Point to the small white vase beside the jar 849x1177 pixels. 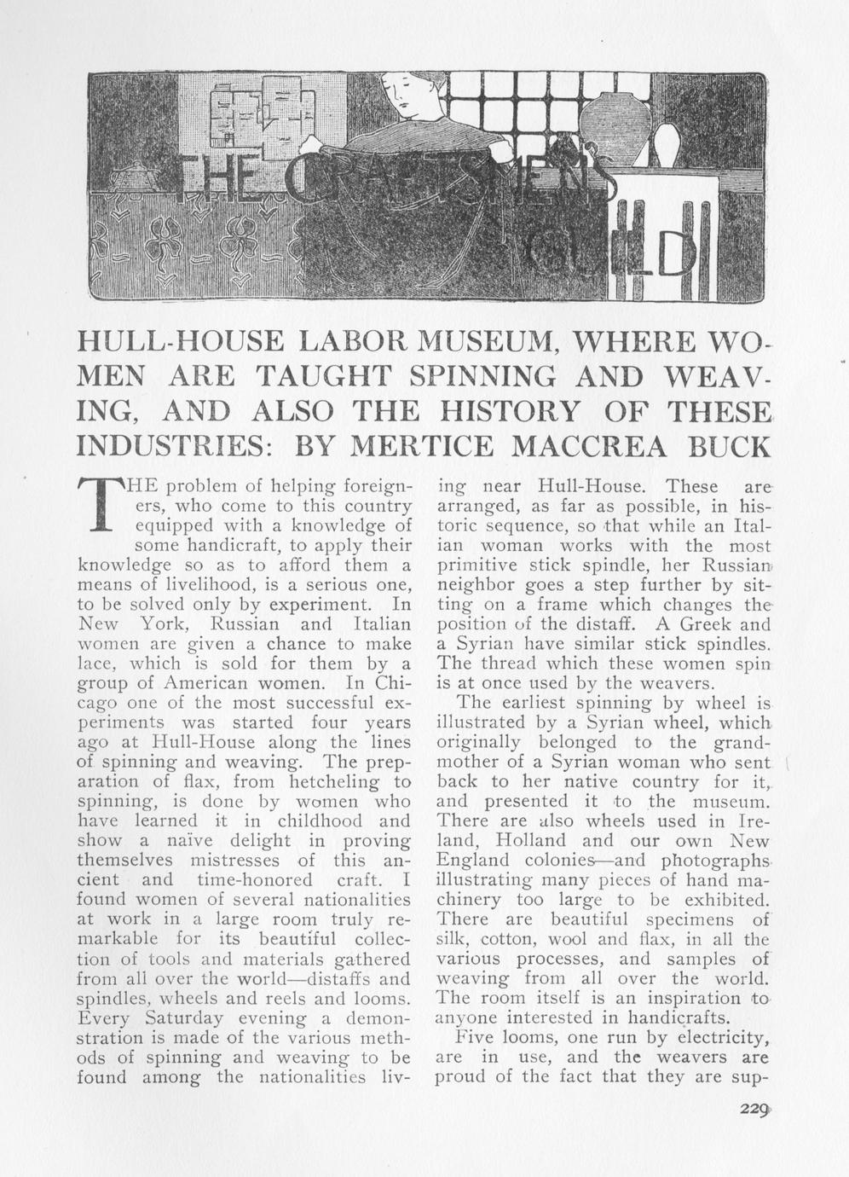(667, 146)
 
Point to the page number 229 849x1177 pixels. (754, 1109)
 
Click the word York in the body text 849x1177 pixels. (153, 623)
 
